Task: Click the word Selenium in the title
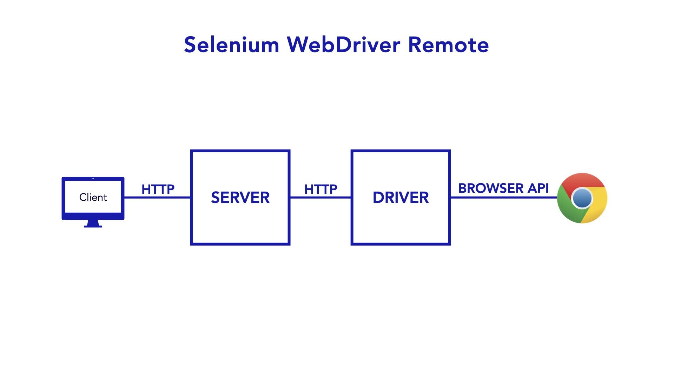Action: pyautogui.click(x=231, y=45)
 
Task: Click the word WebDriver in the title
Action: pyautogui.click(x=343, y=45)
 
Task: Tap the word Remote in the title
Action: pyautogui.click(x=448, y=45)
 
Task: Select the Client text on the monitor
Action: pyautogui.click(x=93, y=197)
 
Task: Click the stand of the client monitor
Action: pyautogui.click(x=93, y=224)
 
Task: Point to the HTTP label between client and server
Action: pyautogui.click(x=158, y=189)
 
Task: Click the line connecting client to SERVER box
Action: pyautogui.click(x=158, y=198)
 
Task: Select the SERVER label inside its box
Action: pyautogui.click(x=240, y=198)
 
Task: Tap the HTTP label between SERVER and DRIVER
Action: pyautogui.click(x=321, y=189)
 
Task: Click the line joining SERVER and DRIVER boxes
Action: pyautogui.click(x=321, y=198)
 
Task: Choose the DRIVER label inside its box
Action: pyautogui.click(x=401, y=198)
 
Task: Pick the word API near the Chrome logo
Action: pyautogui.click(x=538, y=188)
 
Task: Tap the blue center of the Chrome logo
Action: pyautogui.click(x=582, y=198)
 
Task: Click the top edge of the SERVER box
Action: pyautogui.click(x=240, y=151)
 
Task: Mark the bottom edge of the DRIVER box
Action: pyautogui.click(x=401, y=244)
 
